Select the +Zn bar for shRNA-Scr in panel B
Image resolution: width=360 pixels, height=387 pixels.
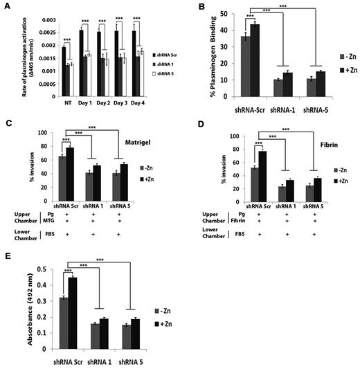pos(244,63)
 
